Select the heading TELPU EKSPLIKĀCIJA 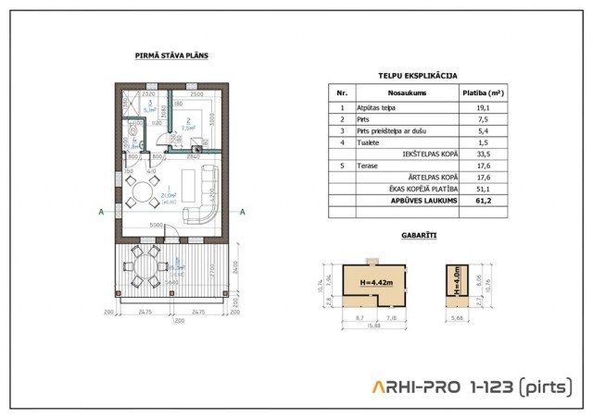click(417, 76)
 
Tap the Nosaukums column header click(406, 93)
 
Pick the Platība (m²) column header click(483, 93)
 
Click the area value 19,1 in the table click(483, 107)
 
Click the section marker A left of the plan click(99, 212)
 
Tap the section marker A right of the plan click(242, 212)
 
